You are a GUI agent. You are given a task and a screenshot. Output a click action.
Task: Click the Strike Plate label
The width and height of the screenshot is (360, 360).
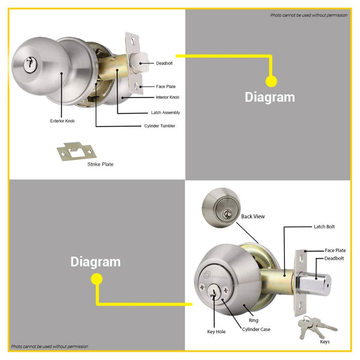click(100, 164)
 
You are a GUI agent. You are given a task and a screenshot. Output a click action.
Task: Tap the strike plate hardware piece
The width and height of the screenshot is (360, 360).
click(77, 151)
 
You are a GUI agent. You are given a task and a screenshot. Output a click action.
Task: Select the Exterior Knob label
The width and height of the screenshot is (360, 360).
click(62, 121)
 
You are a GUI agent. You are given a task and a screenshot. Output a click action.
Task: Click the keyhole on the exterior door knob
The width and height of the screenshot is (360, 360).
click(30, 64)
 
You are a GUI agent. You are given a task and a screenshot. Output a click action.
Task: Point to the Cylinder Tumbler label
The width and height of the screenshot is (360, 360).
click(159, 126)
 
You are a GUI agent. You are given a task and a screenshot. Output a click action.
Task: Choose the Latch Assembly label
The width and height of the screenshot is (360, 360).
click(165, 113)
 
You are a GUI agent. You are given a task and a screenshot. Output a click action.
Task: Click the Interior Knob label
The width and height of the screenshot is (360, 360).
click(167, 97)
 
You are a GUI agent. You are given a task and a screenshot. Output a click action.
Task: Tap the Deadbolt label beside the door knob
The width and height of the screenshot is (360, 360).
click(164, 63)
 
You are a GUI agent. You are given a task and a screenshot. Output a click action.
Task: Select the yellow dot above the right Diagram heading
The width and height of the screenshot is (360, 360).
click(271, 81)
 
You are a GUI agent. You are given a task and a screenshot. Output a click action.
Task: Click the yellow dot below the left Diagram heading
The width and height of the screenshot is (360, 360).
click(97, 279)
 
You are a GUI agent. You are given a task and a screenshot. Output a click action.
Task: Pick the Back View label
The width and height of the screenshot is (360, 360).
click(253, 217)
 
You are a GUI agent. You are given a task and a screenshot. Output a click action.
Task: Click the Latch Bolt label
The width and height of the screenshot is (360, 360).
click(324, 227)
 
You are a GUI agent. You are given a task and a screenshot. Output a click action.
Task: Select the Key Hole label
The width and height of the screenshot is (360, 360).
click(217, 332)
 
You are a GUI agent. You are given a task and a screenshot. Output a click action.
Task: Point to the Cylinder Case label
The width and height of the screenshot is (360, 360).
click(256, 329)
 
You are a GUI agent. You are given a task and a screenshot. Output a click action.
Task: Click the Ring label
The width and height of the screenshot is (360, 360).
click(254, 320)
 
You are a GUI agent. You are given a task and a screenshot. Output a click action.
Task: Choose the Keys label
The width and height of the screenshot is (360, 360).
click(325, 341)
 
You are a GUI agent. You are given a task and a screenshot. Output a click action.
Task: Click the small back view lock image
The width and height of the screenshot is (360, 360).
click(221, 208)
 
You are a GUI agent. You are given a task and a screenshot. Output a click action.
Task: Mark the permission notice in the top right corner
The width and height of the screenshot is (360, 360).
click(309, 15)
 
